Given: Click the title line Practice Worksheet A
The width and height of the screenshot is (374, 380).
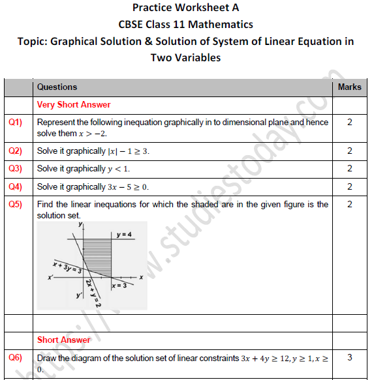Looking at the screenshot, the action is pyautogui.click(x=186, y=8).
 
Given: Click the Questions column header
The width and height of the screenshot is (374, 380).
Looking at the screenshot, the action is pyautogui.click(x=57, y=87).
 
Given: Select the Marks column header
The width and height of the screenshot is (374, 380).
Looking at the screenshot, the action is pyautogui.click(x=349, y=87).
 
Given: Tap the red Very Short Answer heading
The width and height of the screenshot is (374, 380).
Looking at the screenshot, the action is pyautogui.click(x=74, y=105).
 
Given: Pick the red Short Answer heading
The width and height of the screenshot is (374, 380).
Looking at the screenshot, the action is pyautogui.click(x=64, y=340).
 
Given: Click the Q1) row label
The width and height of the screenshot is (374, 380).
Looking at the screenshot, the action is pyautogui.click(x=15, y=123).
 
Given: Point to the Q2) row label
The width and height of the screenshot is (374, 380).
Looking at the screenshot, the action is pyautogui.click(x=15, y=151).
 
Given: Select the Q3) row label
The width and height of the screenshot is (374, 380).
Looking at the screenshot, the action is pyautogui.click(x=15, y=169).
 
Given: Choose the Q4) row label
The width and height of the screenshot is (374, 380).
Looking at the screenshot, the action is pyautogui.click(x=15, y=187).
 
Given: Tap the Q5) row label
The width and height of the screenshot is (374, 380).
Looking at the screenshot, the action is pyautogui.click(x=15, y=205).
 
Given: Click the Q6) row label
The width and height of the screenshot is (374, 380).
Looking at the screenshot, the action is pyautogui.click(x=15, y=358).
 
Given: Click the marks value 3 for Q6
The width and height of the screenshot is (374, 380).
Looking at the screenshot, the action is pyautogui.click(x=349, y=358).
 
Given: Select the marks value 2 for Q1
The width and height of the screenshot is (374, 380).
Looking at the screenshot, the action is pyautogui.click(x=349, y=123).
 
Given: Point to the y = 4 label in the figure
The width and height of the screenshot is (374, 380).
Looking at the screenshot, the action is pyautogui.click(x=124, y=235).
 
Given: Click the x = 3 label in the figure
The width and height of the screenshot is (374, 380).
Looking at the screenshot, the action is pyautogui.click(x=119, y=285).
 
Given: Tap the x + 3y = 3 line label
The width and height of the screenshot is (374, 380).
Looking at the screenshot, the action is pyautogui.click(x=67, y=267).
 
